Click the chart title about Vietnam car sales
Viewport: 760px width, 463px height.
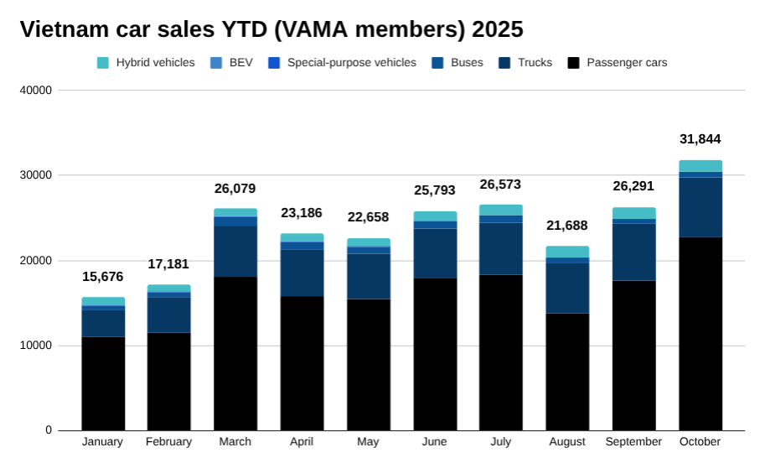tap(271, 29)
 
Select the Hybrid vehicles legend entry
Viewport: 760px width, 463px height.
tap(146, 63)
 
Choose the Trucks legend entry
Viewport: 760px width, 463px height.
tap(525, 63)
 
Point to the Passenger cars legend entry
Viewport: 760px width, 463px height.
tap(618, 63)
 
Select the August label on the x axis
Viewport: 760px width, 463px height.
tap(567, 442)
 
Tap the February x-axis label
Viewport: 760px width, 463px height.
tap(168, 442)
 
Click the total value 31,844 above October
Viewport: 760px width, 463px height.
tap(700, 139)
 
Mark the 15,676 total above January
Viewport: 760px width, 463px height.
tap(103, 277)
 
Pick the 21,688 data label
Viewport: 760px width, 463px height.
tap(567, 226)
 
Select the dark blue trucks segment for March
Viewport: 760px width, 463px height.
tap(235, 252)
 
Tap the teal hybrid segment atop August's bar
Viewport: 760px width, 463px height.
tap(567, 252)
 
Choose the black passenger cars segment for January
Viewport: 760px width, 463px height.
tap(103, 383)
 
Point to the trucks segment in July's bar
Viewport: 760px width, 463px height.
tap(501, 248)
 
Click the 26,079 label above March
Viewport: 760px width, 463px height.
tap(235, 189)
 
